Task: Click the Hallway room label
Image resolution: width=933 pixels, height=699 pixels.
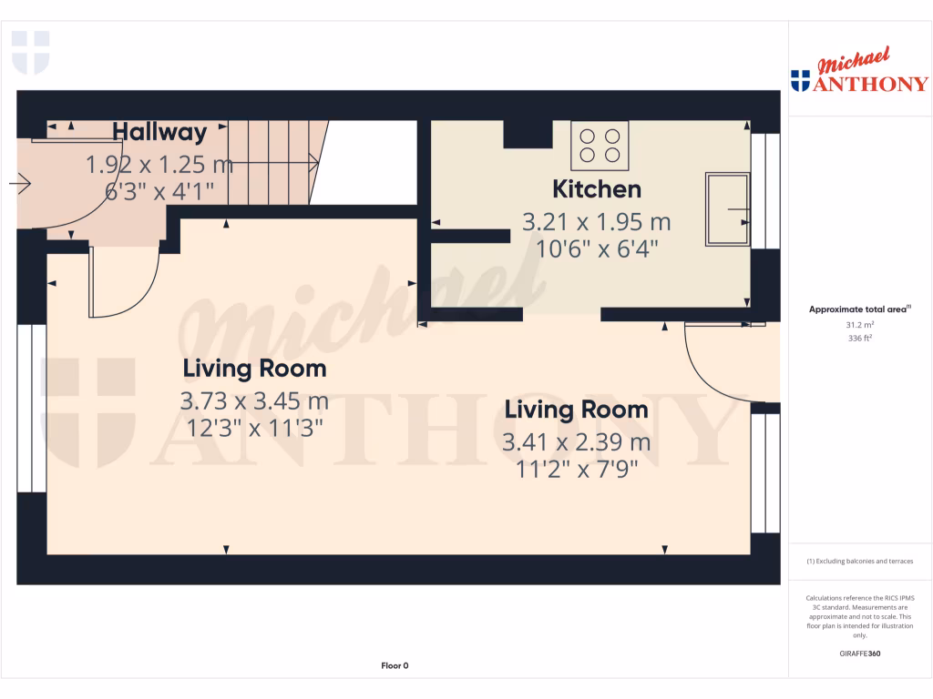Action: point(159,133)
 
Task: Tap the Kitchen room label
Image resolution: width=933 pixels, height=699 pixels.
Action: point(597,189)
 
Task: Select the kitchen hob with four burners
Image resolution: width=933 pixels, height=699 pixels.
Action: point(600,146)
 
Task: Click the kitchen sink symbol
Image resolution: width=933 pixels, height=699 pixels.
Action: point(726,210)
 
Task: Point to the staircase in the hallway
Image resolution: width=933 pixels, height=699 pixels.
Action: point(274,164)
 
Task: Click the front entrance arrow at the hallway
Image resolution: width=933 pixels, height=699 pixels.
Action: point(19,185)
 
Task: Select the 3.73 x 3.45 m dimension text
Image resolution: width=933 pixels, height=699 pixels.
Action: point(254,401)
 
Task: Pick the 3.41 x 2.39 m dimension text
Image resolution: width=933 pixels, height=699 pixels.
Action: point(576,443)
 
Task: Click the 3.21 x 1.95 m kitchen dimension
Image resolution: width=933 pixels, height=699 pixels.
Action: point(596,222)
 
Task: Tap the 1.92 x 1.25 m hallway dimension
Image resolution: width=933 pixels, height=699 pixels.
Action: point(159,166)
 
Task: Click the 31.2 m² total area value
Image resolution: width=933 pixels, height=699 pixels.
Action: point(859,324)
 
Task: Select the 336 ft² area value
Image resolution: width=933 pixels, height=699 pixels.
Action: point(859,338)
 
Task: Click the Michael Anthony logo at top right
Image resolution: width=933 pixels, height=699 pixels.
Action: point(859,74)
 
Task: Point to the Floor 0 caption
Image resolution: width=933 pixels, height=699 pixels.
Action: point(395,666)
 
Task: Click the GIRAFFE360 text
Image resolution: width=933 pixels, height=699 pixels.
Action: point(859,653)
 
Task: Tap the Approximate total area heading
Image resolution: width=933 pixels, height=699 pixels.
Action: point(858,309)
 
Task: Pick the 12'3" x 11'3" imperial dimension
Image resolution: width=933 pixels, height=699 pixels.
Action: point(254,428)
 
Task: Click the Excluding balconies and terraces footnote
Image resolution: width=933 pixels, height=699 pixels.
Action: point(859,562)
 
